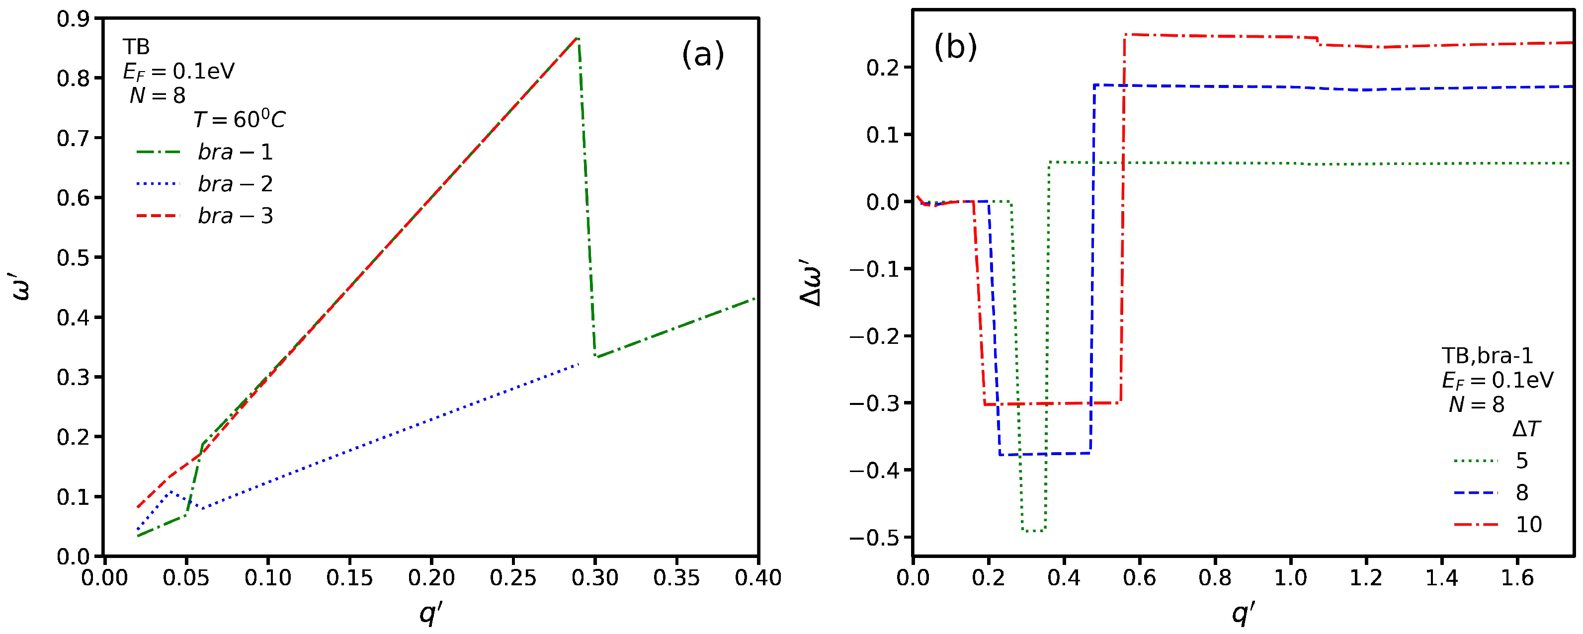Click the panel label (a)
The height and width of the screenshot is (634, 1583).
point(702,55)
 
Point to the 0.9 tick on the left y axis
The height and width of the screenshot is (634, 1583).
point(73,19)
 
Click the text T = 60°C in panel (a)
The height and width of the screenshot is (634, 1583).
point(239,120)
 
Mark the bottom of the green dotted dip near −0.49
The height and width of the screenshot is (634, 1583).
point(1033,530)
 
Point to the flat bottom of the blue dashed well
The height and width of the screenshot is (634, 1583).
point(1045,454)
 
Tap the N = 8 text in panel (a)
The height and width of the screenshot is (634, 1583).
point(158,95)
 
